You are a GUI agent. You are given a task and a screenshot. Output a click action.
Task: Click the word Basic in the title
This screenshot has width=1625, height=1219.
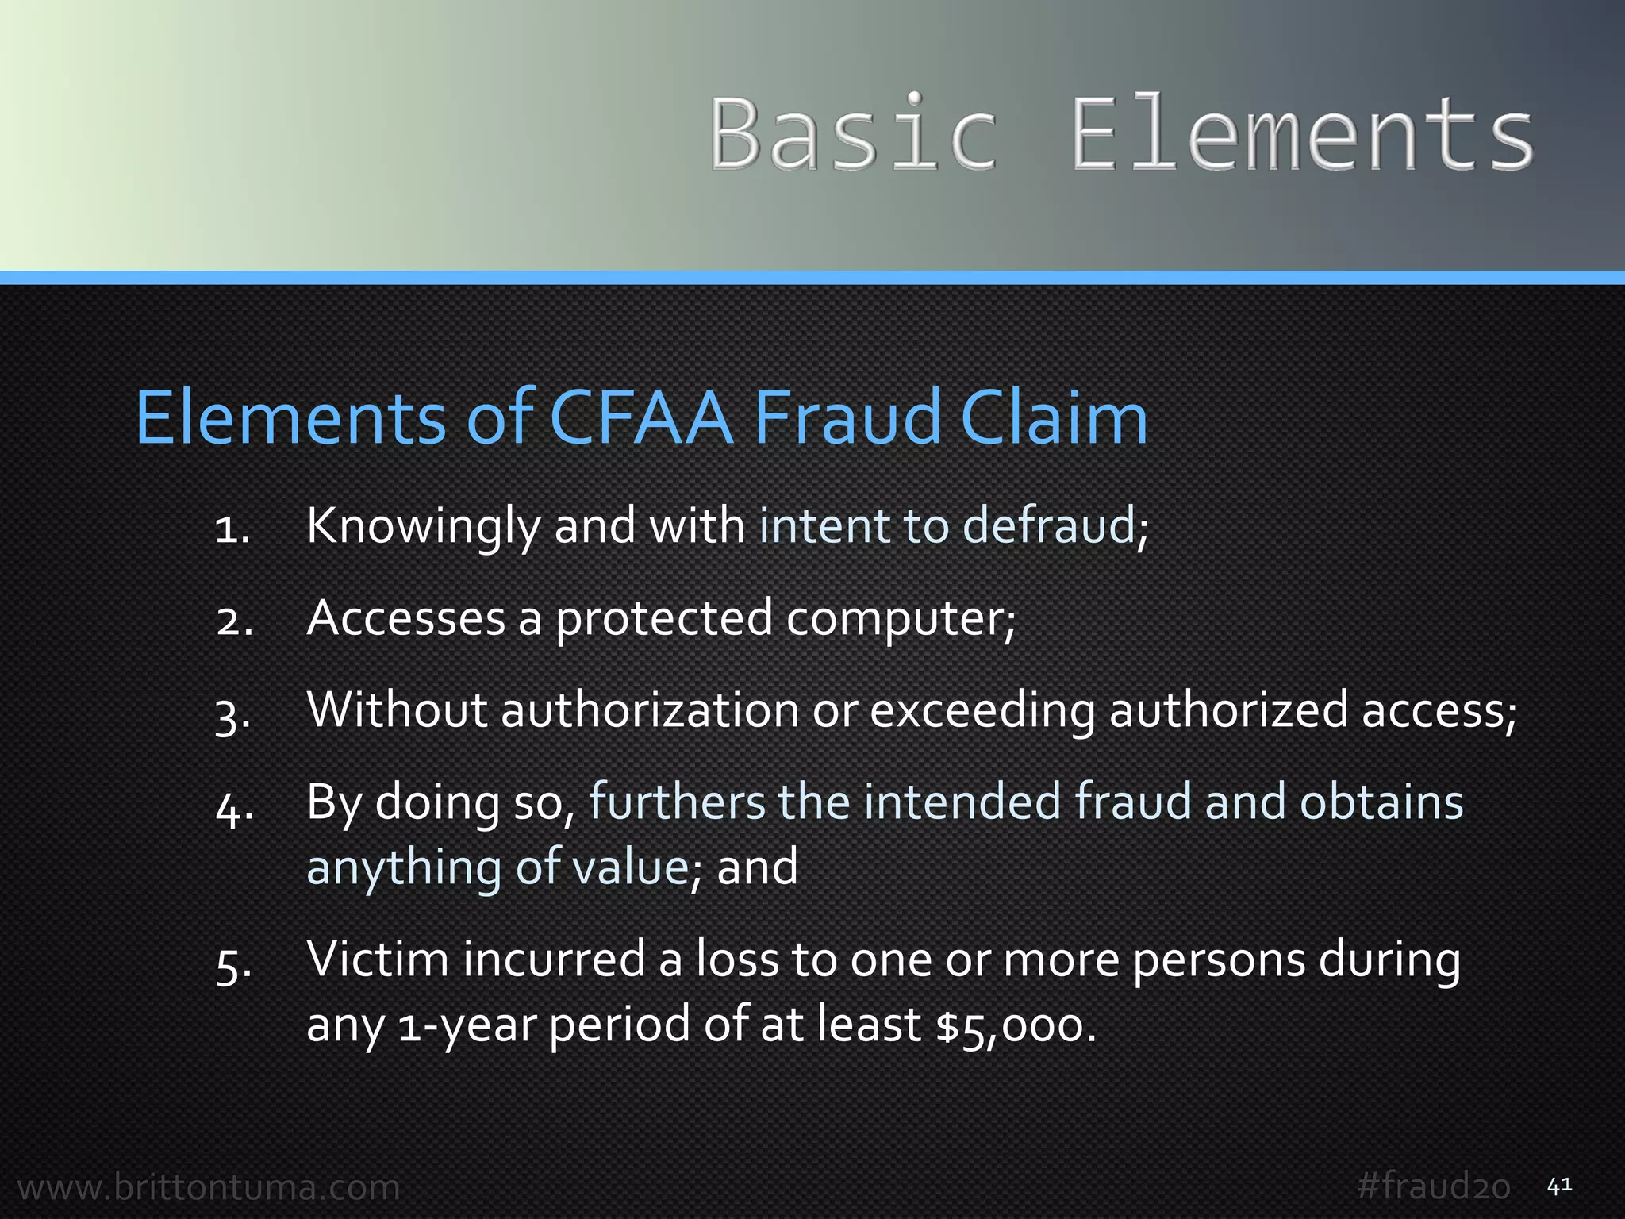click(853, 133)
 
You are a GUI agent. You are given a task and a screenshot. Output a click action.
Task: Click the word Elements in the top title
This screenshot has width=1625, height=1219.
click(1301, 133)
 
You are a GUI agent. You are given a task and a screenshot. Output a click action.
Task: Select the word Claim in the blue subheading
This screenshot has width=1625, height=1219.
click(1054, 417)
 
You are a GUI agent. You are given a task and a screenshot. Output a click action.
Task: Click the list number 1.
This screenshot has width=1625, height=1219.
click(232, 529)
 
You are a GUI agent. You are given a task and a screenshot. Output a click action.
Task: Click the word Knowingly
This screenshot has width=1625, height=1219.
click(423, 527)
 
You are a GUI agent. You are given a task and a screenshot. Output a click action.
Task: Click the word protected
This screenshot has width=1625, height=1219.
click(663, 619)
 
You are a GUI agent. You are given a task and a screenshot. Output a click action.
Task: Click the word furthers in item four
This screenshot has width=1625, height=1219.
click(676, 802)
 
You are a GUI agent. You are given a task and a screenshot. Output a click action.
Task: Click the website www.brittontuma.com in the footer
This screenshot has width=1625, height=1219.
click(209, 1187)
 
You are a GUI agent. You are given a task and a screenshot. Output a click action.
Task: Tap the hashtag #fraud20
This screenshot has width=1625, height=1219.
click(1433, 1186)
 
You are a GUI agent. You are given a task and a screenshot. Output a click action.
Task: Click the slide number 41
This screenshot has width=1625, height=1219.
click(1560, 1186)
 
